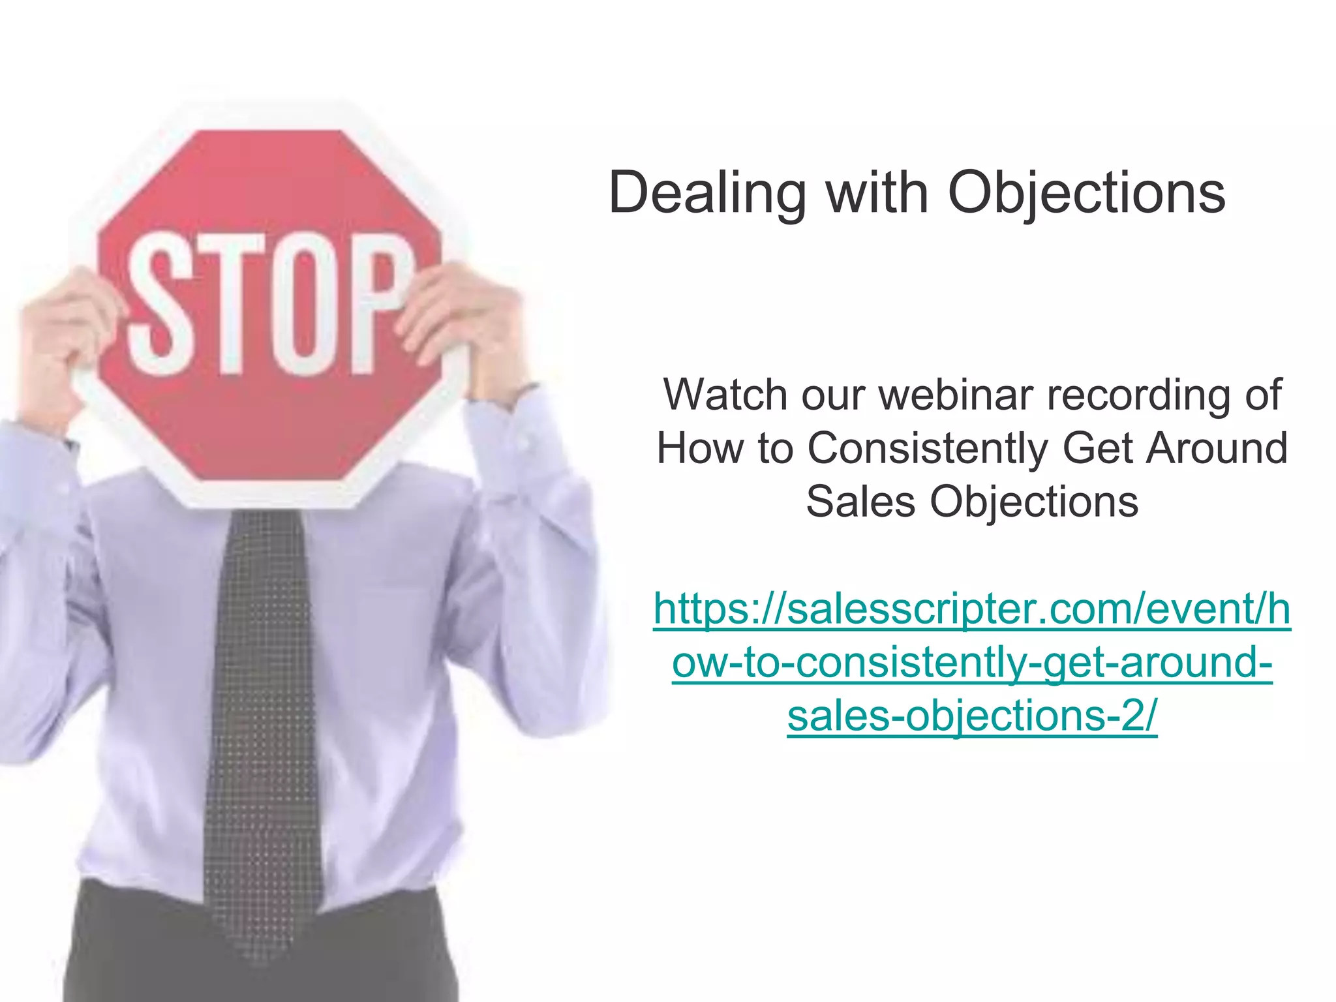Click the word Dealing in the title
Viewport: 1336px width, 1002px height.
click(x=707, y=193)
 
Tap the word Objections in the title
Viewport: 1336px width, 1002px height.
click(x=1086, y=193)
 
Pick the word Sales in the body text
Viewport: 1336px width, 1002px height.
click(x=860, y=502)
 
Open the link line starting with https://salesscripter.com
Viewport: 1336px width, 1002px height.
click(x=972, y=609)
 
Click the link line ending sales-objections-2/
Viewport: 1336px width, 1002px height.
click(x=972, y=716)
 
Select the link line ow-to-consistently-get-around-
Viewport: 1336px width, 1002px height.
click(x=972, y=662)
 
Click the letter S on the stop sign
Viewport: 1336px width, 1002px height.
click(x=157, y=303)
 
